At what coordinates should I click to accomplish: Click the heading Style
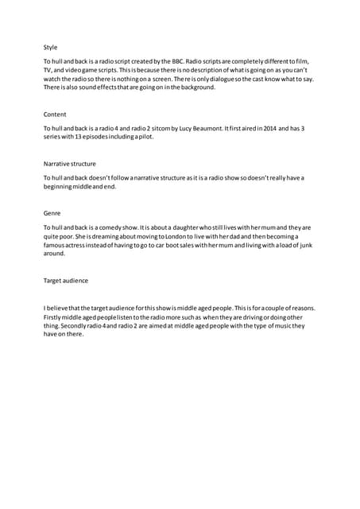point(50,47)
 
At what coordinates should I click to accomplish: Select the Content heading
point(55,115)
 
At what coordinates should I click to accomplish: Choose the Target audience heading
point(66,281)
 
